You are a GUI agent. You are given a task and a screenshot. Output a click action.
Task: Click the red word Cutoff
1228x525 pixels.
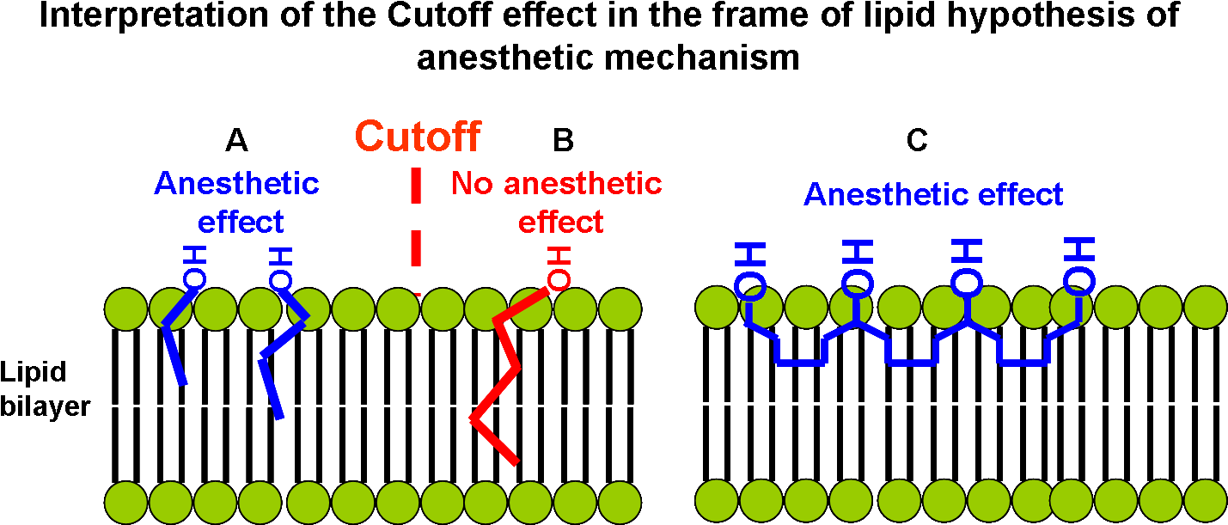418,137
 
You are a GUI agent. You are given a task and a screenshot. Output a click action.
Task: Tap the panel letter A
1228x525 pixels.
237,140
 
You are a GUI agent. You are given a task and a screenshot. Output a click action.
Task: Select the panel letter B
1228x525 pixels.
563,140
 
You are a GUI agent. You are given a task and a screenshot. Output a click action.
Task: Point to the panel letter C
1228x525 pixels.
917,140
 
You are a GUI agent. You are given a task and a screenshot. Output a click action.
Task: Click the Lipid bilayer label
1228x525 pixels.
45,389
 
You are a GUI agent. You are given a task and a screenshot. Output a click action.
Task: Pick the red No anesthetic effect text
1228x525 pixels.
557,203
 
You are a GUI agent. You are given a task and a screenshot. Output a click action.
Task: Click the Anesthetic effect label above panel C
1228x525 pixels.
933,194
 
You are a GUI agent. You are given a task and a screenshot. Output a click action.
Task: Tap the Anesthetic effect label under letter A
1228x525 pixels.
237,203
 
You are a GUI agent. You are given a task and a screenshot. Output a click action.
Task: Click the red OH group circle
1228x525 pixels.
559,280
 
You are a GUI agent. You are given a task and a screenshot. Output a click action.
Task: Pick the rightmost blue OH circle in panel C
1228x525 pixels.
1079,282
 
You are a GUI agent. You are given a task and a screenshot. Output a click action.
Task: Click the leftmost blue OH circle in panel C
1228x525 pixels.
750,285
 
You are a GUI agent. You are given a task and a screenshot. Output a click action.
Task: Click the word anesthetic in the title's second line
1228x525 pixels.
504,57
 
